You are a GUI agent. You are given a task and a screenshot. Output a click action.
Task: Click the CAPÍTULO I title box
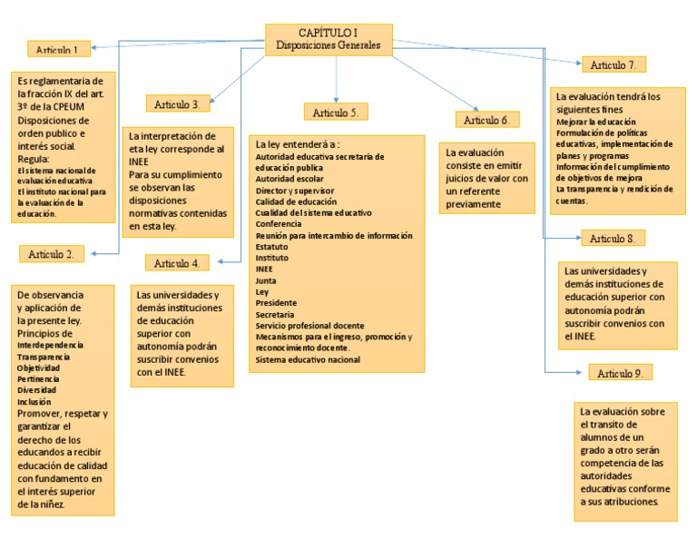pyautogui.click(x=329, y=39)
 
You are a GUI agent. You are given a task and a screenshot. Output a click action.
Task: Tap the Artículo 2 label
pyautogui.click(x=51, y=253)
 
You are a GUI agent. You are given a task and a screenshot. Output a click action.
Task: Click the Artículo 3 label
pyautogui.click(x=178, y=104)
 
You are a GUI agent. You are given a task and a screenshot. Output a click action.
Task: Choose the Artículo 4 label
pyautogui.click(x=177, y=263)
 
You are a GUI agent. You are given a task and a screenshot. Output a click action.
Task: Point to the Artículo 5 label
pyautogui.click(x=336, y=113)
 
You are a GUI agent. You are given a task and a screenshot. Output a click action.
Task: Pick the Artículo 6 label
pyautogui.click(x=487, y=120)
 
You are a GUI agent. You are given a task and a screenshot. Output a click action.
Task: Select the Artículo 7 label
pyautogui.click(x=613, y=65)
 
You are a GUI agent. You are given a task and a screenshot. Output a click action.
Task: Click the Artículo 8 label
pyautogui.click(x=613, y=239)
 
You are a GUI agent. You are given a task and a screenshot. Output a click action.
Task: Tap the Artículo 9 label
pyautogui.click(x=620, y=374)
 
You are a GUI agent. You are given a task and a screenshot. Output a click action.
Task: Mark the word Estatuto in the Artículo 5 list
pyautogui.click(x=273, y=246)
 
